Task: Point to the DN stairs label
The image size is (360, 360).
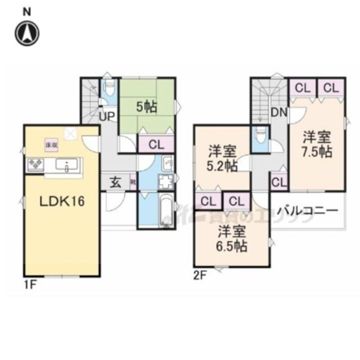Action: pos(279,113)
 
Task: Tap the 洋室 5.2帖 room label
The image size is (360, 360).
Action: pos(221,158)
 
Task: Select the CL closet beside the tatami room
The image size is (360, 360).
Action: pos(156,145)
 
